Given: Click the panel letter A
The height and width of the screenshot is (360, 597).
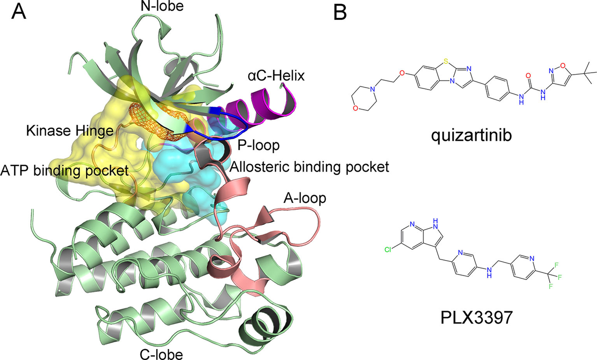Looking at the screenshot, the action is click(19, 12).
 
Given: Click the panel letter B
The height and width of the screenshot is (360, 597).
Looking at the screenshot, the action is click(340, 12).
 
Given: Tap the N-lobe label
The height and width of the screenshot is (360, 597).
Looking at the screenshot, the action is click(162, 6).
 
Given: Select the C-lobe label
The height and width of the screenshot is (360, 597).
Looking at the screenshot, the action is click(161, 354).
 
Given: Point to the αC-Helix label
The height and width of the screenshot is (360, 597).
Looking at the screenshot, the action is click(276, 76).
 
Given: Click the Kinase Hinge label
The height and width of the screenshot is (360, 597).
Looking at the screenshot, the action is click(70, 131).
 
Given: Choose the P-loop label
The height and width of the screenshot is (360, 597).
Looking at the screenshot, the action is click(259, 146).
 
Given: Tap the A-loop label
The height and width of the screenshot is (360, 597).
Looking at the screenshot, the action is click(304, 198).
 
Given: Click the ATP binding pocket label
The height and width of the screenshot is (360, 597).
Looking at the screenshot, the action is click(64, 171).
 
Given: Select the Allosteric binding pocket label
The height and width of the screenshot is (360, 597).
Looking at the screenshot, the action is click(309, 167).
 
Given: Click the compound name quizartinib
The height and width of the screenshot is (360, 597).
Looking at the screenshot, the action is click(471, 135).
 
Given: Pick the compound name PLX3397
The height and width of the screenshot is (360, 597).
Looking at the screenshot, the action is click(477, 317).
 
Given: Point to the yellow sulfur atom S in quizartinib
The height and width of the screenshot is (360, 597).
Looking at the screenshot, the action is click(446, 62).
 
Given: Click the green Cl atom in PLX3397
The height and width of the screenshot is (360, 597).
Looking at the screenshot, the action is click(388, 250).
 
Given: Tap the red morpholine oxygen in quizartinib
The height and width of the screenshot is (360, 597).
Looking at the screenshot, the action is click(355, 108).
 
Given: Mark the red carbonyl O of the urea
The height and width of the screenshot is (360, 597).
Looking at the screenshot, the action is click(528, 76).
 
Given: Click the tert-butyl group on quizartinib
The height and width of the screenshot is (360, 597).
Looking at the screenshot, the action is click(587, 73).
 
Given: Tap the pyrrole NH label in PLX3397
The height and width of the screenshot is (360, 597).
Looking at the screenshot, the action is click(435, 224).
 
